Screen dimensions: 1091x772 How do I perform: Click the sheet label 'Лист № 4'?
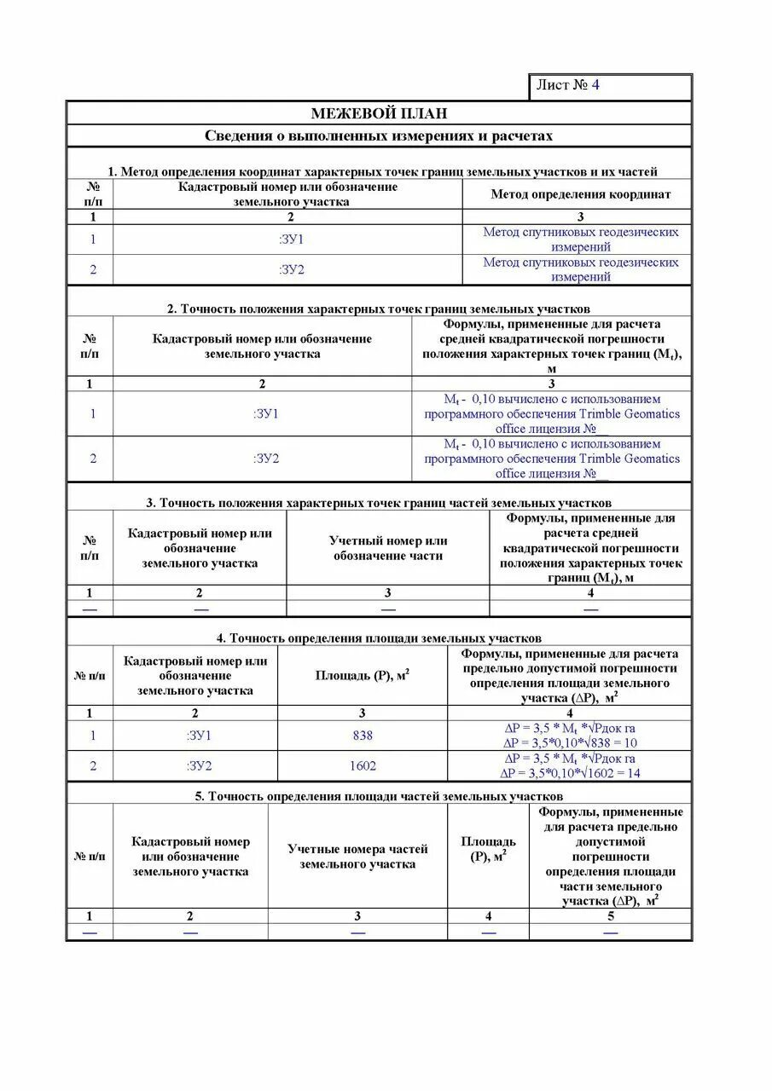(568, 85)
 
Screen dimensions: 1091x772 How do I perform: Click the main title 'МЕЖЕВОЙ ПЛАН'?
(379, 113)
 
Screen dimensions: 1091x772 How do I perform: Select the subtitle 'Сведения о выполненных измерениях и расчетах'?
(379, 136)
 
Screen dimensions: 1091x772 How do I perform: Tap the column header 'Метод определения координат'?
(580, 194)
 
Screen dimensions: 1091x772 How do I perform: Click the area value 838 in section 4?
(363, 736)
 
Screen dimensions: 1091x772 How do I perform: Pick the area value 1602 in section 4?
(363, 765)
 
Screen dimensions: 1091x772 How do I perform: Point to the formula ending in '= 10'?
(570, 742)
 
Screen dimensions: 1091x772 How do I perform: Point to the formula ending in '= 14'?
(570, 773)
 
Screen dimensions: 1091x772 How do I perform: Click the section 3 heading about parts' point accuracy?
(379, 503)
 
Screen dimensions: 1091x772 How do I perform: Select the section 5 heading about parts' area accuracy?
(379, 796)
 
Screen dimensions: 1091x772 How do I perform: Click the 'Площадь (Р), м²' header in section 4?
(363, 675)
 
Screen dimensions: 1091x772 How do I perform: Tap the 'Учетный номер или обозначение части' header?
(388, 548)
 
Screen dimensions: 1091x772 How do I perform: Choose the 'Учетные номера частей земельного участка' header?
(357, 857)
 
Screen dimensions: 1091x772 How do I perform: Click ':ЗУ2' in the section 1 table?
(291, 270)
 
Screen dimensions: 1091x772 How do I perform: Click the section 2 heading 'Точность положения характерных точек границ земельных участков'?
(379, 309)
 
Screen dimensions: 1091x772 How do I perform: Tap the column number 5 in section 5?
(610, 916)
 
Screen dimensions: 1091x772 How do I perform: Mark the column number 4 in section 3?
(590, 593)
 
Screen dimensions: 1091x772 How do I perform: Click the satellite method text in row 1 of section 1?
(580, 240)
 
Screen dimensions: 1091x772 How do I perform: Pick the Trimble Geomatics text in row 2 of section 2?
(552, 459)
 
